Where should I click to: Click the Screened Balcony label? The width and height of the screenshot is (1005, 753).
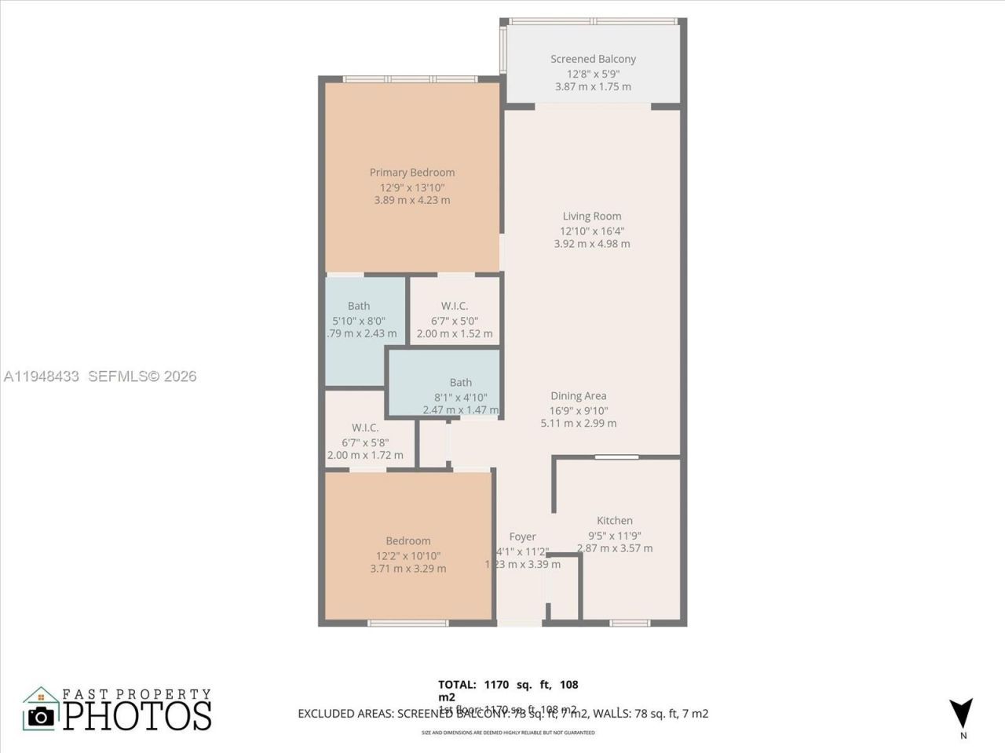point(593,59)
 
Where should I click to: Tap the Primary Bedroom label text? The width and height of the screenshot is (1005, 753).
point(412,173)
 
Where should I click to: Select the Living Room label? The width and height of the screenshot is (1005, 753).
point(592,216)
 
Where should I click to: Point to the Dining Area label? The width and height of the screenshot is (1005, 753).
point(579,396)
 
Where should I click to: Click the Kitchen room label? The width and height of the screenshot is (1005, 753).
point(615,521)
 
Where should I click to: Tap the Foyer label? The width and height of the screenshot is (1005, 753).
point(522,537)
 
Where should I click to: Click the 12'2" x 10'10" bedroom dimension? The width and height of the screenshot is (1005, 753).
point(407,555)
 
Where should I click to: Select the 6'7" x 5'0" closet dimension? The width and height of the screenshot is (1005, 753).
point(455,321)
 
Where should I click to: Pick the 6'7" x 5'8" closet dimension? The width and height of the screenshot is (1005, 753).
point(365,442)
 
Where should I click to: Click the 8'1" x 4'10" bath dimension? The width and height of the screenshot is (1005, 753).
point(460,397)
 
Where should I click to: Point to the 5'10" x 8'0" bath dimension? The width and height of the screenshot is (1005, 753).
point(359,321)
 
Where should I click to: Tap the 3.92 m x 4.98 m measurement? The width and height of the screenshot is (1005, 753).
point(592,244)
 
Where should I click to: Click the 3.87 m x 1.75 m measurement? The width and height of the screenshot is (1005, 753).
point(593,87)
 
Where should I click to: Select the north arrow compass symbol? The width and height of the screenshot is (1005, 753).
point(961,712)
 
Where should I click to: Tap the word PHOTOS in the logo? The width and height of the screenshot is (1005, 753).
point(137,715)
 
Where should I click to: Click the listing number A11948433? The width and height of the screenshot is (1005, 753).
point(41,376)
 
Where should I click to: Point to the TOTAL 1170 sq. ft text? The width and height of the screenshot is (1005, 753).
point(508,685)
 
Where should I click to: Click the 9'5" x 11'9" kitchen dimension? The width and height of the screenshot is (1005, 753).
point(615,536)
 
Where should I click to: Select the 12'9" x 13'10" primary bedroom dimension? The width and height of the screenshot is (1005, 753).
point(412,187)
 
